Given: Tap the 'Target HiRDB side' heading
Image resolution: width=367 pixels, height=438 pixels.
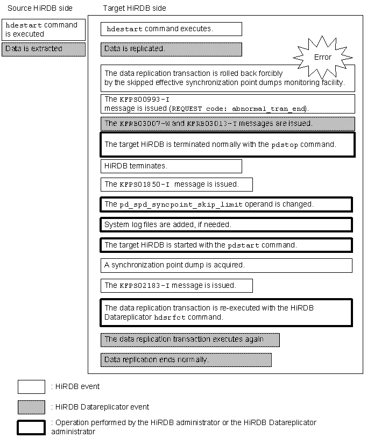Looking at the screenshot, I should click(x=135, y=9).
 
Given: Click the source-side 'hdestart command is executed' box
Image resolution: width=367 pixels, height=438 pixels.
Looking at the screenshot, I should click(x=43, y=30).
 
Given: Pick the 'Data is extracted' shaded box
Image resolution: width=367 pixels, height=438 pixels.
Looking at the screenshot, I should click(x=43, y=49).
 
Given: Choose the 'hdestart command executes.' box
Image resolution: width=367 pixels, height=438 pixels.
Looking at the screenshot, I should click(x=171, y=29).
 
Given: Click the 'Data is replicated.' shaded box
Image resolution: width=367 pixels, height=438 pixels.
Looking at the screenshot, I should click(x=171, y=49).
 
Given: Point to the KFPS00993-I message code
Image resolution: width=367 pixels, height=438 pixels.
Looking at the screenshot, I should click(x=137, y=100).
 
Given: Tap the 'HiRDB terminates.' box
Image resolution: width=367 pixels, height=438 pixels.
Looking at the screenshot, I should click(x=171, y=166).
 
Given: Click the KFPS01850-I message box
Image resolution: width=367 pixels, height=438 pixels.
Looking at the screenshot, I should click(x=177, y=185).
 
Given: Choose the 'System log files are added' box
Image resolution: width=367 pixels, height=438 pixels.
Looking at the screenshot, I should click(x=226, y=224).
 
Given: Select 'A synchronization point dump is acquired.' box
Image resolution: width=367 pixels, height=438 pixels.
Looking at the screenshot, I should click(x=226, y=265).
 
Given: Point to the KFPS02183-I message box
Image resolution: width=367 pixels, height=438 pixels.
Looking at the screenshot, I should click(x=177, y=285).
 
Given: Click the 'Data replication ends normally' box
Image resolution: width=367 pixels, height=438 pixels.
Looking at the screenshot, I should click(x=186, y=359).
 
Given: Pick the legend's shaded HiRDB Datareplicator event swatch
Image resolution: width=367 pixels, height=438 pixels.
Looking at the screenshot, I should click(x=31, y=407).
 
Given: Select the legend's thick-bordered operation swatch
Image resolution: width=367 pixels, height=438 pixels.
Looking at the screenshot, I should click(x=31, y=427).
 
